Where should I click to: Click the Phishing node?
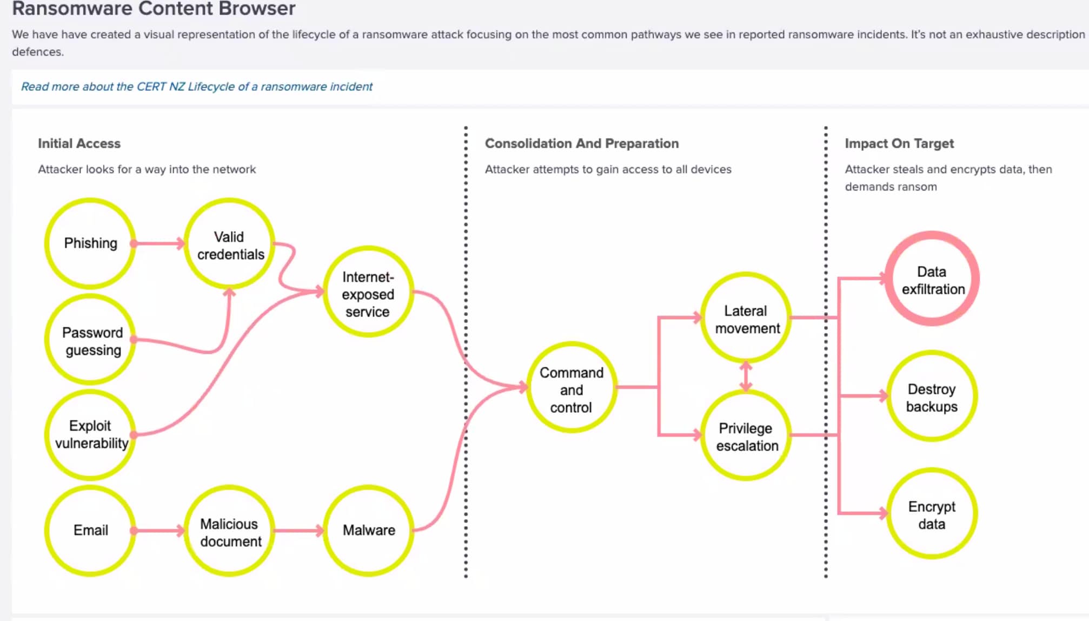(90, 243)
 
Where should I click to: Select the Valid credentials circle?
(229, 243)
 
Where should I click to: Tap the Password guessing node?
(90, 340)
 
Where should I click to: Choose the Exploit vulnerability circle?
(90, 435)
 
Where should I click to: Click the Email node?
(90, 531)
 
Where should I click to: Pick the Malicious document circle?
(229, 531)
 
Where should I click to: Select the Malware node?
(368, 531)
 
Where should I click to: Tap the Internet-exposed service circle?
(368, 292)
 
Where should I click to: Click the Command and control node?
(572, 387)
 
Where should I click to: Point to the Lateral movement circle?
(746, 318)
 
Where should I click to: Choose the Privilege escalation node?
(746, 435)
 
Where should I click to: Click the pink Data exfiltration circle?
(932, 279)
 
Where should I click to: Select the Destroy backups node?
(932, 396)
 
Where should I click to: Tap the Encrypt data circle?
(932, 513)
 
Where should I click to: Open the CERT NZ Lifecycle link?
(197, 87)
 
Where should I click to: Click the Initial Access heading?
(79, 143)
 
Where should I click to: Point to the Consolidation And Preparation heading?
(582, 143)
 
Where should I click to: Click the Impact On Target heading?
(899, 143)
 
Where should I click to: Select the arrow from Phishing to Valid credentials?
(158, 243)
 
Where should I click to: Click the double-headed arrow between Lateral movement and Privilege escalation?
(746, 376)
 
